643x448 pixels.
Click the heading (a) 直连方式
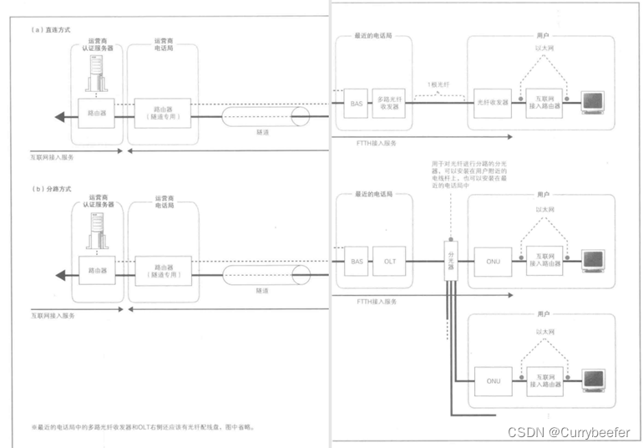[51, 29]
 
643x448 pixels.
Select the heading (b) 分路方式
[51, 190]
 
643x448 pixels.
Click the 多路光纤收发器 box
[391, 104]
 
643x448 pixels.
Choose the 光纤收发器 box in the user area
[492, 104]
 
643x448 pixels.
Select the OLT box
[389, 262]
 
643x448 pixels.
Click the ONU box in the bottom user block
[492, 380]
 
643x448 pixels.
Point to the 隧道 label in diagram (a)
[261, 131]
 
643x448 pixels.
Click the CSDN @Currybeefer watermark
[568, 432]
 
